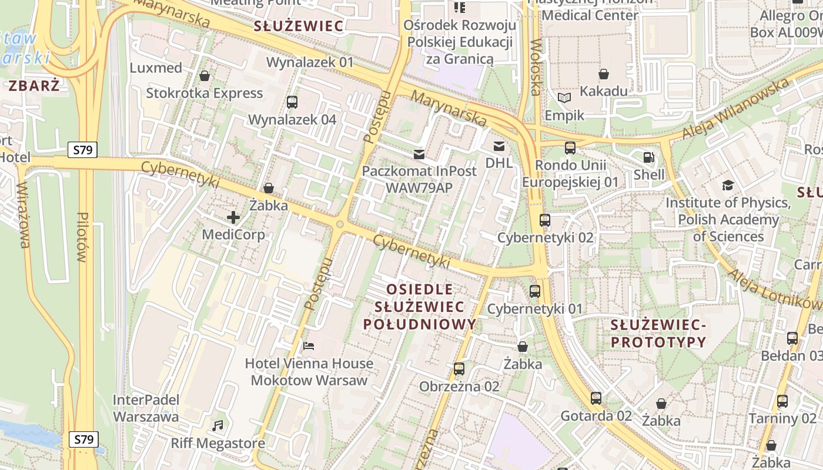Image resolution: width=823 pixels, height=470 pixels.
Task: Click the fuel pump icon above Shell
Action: tap(649, 157)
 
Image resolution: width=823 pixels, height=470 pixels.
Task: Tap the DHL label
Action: tap(499, 162)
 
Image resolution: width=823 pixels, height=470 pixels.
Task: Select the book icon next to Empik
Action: tap(564, 98)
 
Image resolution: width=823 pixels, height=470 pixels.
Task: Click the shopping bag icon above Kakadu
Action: tap(604, 74)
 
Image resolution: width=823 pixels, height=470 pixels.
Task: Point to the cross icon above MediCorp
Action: tap(233, 217)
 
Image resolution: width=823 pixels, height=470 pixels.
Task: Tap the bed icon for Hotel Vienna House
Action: tap(309, 345)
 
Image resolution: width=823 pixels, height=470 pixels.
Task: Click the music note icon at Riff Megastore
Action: tap(218, 425)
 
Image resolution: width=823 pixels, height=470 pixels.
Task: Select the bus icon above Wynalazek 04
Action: tap(292, 102)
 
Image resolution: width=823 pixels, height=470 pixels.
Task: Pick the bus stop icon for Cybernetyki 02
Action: tap(545, 220)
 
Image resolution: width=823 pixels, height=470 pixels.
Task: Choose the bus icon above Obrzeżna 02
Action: tap(459, 369)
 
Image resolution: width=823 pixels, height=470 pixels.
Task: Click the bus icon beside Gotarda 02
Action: tap(596, 398)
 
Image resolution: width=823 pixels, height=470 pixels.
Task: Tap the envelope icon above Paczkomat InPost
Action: tap(419, 155)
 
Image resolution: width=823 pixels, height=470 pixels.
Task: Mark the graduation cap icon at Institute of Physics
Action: tap(728, 186)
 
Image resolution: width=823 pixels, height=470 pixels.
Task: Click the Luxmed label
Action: tap(156, 68)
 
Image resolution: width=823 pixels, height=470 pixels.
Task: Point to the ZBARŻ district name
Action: tap(34, 86)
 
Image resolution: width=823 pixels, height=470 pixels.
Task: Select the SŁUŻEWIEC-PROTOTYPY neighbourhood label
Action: tap(658, 333)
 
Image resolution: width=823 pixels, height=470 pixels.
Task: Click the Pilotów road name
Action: tap(83, 237)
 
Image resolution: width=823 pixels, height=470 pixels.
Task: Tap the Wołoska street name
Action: tap(535, 67)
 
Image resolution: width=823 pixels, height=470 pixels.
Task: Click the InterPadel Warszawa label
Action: tap(146, 408)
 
